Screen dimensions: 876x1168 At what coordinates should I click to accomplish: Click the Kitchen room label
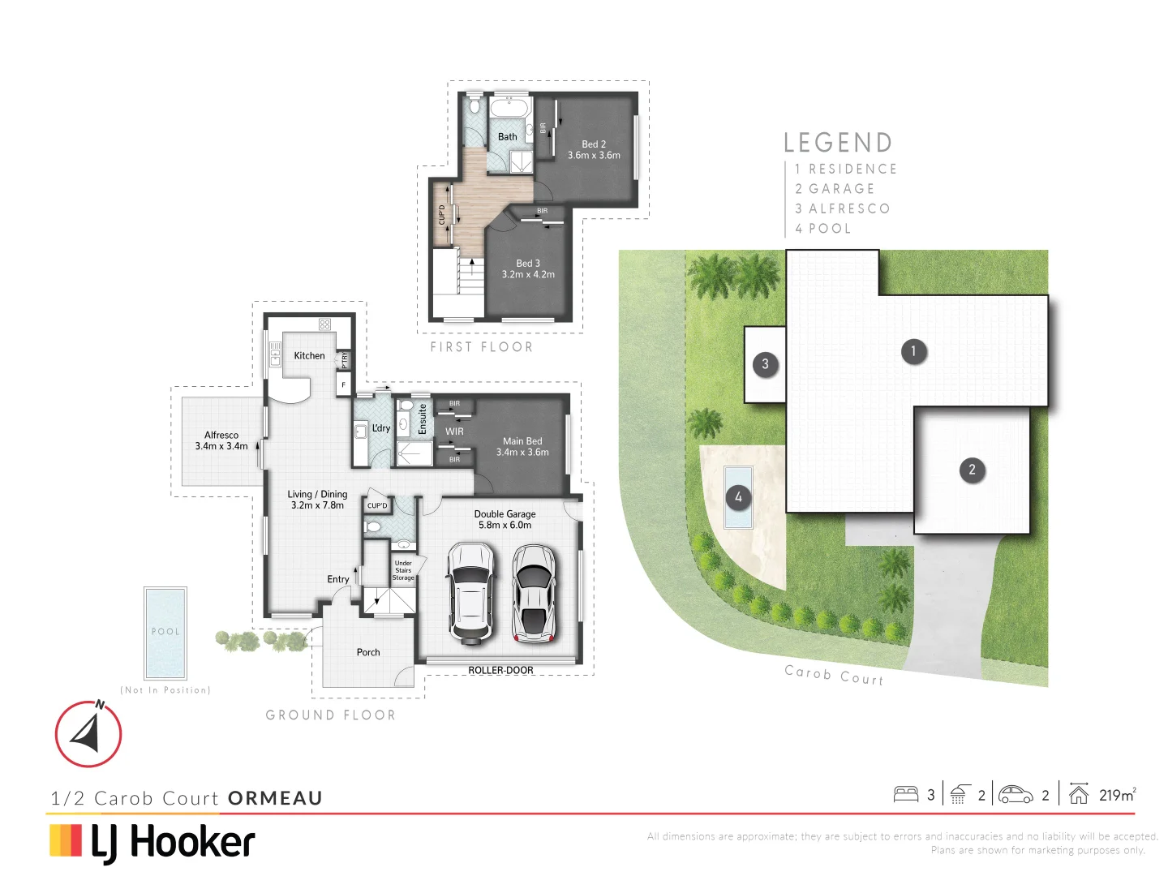tap(309, 355)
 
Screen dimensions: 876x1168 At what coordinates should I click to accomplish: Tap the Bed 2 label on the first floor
tap(594, 144)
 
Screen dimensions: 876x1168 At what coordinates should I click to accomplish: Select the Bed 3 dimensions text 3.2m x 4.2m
tap(528, 275)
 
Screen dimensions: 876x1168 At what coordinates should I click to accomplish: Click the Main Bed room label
tap(522, 441)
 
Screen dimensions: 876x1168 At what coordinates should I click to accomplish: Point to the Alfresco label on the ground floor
tap(221, 435)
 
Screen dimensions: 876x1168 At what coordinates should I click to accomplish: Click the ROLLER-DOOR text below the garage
tap(500, 671)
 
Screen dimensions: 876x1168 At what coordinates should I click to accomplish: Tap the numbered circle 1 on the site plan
tap(913, 351)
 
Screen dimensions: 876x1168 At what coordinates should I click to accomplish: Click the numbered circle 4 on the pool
tap(738, 497)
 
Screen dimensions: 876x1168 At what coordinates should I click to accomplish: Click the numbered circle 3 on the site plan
tap(765, 364)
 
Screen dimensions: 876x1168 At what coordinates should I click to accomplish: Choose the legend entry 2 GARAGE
tap(835, 189)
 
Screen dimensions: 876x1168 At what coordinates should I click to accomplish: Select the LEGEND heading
tap(838, 144)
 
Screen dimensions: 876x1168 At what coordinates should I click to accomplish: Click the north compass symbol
tap(88, 733)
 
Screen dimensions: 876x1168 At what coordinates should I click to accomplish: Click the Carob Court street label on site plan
tap(834, 675)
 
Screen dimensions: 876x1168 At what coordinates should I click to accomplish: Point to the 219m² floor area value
tap(1117, 795)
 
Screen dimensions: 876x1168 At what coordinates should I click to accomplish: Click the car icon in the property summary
tap(1015, 795)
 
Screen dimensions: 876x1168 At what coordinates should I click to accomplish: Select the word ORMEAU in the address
tap(275, 798)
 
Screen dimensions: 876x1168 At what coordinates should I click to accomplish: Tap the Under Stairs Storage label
tap(403, 570)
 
